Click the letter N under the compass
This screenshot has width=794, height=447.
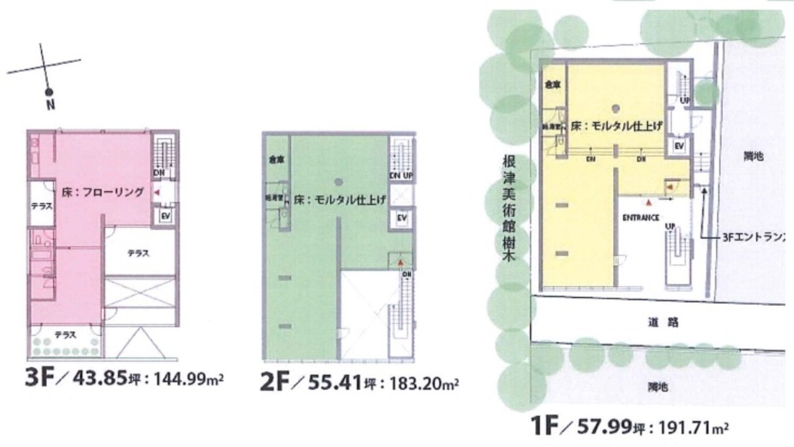tap(50, 104)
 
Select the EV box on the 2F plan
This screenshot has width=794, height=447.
tap(401, 218)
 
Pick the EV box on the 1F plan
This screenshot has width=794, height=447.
tap(679, 146)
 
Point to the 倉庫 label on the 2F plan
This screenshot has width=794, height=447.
tap(275, 159)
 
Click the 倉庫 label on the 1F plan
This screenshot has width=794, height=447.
tap(552, 85)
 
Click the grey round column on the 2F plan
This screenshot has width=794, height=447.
tap(339, 181)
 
